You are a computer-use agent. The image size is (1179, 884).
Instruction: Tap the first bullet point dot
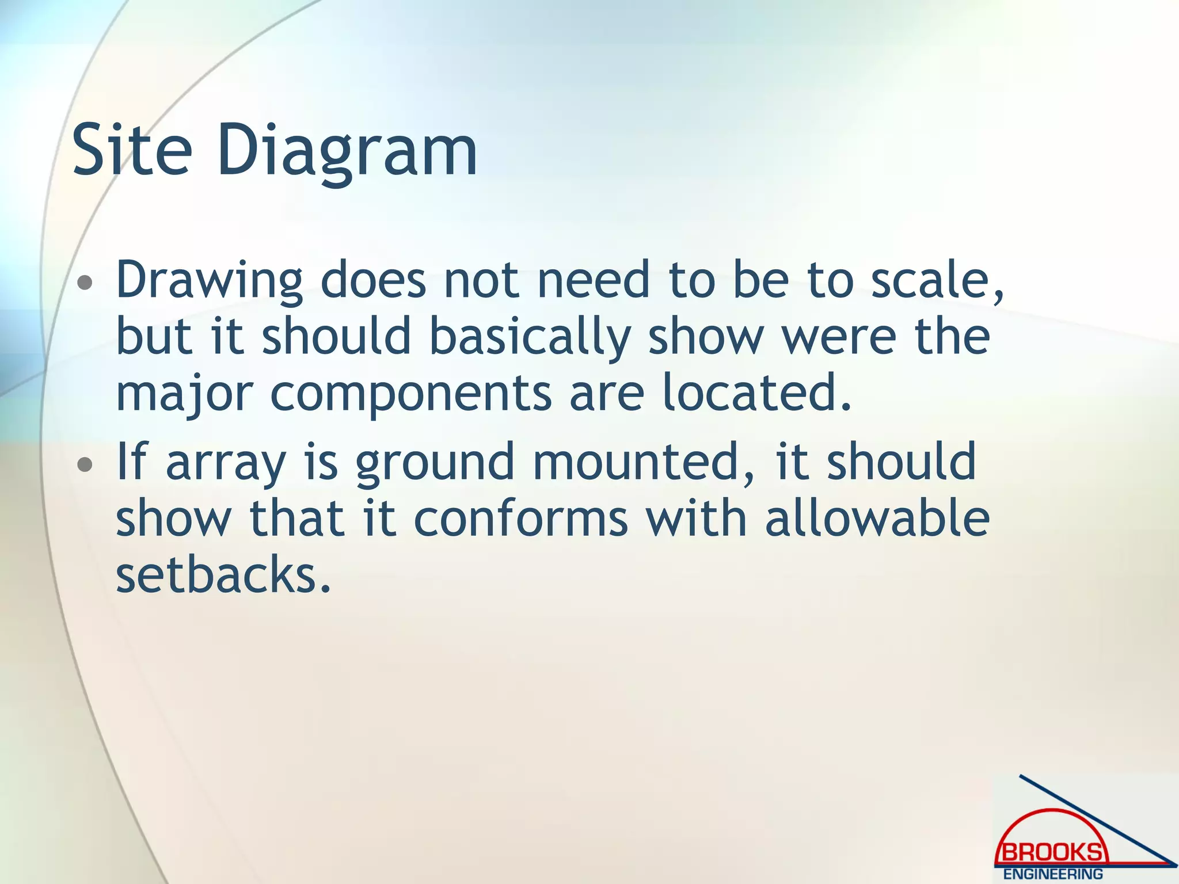85,283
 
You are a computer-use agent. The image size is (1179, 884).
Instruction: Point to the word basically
530,338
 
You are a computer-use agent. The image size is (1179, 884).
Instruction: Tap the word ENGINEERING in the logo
1053,874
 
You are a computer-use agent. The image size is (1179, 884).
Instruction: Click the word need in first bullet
593,281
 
